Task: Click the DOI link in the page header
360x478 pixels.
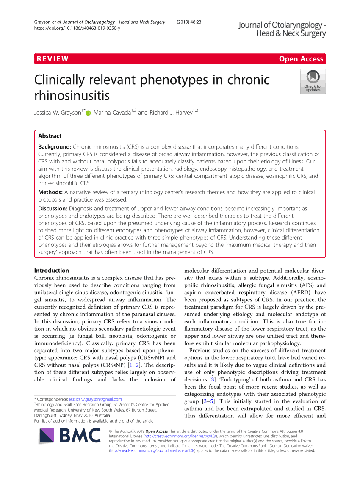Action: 77,28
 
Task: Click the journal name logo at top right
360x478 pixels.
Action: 282,29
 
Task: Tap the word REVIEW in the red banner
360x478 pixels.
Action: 53,59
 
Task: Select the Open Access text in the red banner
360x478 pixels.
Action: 301,59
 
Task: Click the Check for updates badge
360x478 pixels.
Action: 313,81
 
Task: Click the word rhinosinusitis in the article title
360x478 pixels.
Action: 72,95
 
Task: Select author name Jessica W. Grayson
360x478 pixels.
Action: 58,113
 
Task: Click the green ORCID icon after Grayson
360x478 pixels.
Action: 88,113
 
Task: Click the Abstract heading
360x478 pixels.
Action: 50,136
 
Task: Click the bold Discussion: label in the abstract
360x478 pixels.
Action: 53,209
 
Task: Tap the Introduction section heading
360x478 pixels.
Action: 51,271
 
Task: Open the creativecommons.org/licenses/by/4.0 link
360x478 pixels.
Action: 181,436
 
